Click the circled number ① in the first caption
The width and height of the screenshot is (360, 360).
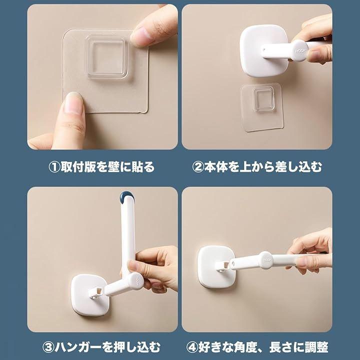[54, 167]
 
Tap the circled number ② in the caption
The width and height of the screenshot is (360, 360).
[198, 167]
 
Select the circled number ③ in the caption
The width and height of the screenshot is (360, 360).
[48, 347]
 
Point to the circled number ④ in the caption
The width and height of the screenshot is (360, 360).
[192, 347]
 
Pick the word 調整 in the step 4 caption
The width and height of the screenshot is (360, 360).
[316, 347]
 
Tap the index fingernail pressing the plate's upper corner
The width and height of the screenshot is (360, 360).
[139, 35]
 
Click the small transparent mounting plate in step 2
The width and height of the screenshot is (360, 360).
[261, 107]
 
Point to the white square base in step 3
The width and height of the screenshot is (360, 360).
[89, 295]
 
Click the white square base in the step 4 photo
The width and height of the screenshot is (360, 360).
[216, 267]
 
